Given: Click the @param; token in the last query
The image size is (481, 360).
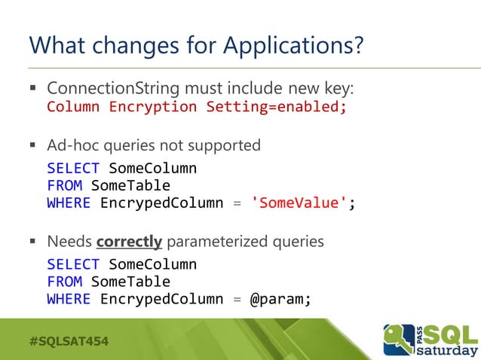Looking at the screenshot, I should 280,299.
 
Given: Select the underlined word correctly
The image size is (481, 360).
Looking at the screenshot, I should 129,242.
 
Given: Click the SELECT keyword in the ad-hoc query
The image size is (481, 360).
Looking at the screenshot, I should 73,167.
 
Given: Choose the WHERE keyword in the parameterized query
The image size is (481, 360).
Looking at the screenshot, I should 69,299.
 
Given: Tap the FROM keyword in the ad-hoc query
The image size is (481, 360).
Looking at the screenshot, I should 64,185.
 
